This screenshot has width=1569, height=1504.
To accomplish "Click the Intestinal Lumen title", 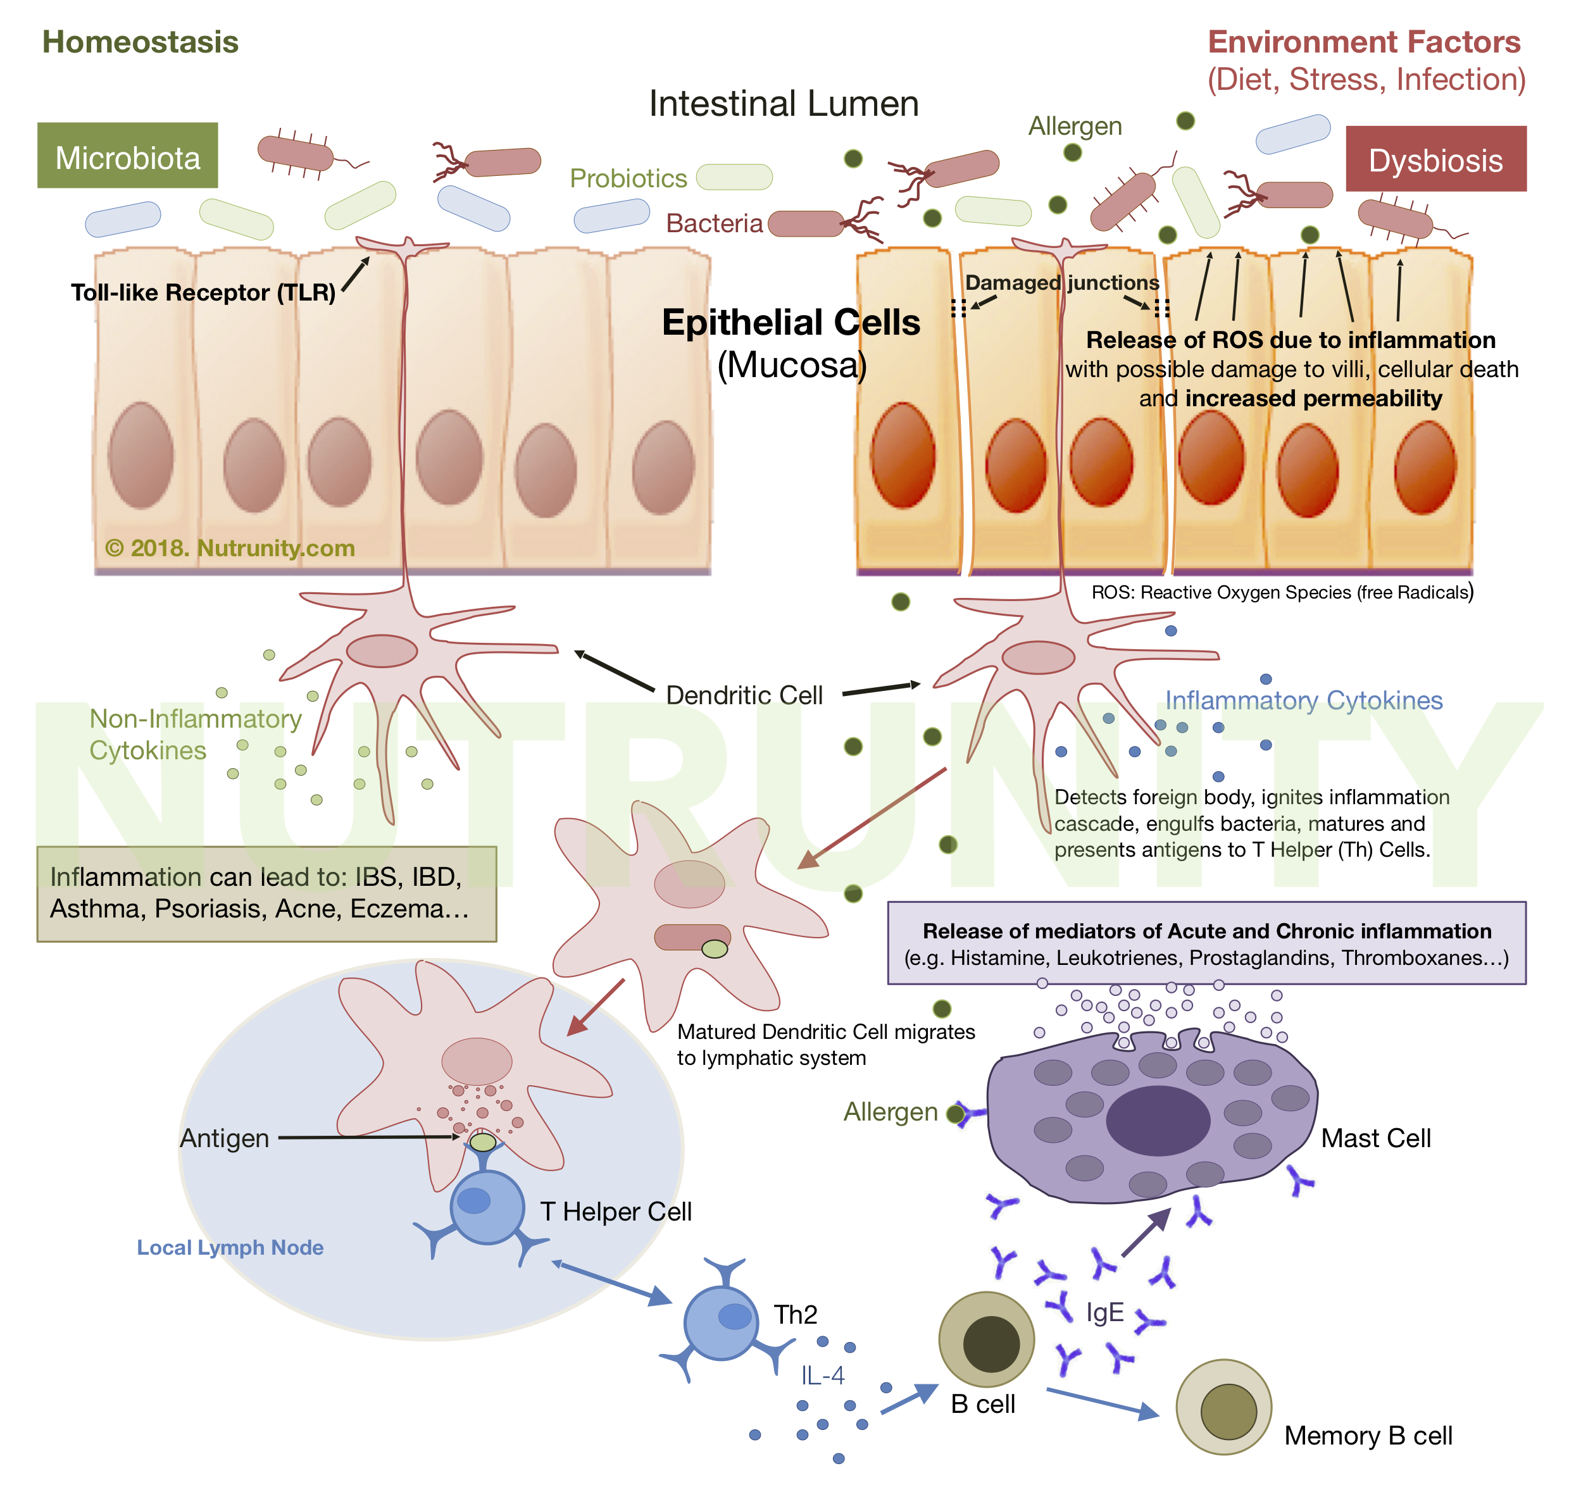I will pyautogui.click(x=783, y=103).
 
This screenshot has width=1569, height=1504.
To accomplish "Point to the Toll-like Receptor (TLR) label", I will pyautogui.click(x=203, y=292).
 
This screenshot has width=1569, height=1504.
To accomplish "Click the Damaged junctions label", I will pyautogui.click(x=1061, y=283).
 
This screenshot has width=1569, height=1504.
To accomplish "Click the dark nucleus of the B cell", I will pyautogui.click(x=991, y=1344).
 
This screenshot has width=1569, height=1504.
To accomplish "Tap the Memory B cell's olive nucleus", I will pyautogui.click(x=1228, y=1412).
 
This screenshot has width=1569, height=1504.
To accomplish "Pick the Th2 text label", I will pyautogui.click(x=795, y=1314).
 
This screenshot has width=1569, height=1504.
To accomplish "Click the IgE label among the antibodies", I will pyautogui.click(x=1104, y=1313).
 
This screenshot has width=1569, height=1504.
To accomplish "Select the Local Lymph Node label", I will pyautogui.click(x=230, y=1247).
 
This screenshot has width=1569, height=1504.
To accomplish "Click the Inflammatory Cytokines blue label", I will pyautogui.click(x=1303, y=700).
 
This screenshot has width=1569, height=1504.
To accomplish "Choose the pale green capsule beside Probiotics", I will pyautogui.click(x=734, y=177).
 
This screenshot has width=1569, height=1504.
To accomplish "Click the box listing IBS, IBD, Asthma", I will pyautogui.click(x=266, y=893).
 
